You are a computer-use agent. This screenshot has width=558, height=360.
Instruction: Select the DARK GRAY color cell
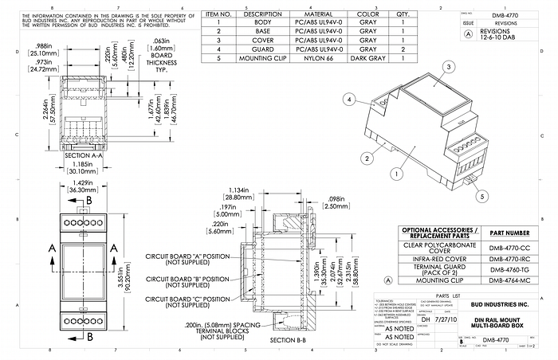coord(367,58)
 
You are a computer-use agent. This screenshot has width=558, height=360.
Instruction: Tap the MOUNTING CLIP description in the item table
coord(257,58)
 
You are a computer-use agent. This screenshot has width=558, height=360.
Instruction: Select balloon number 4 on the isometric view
coord(348,100)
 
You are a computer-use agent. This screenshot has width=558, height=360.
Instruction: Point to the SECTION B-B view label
coord(289,339)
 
